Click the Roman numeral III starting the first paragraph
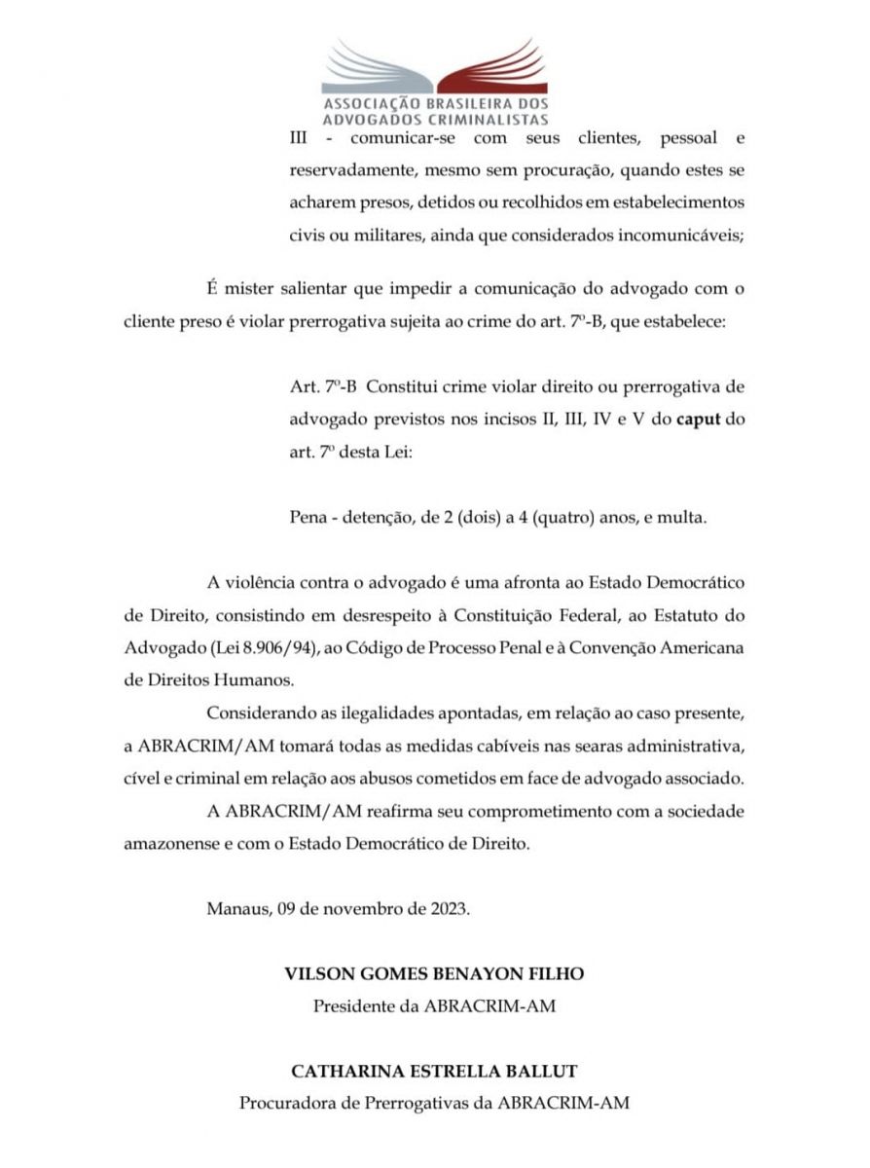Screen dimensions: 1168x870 (302, 140)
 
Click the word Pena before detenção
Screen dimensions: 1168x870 (310, 517)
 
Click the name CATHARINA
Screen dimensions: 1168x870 (341, 1072)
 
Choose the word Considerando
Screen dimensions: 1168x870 (257, 713)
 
